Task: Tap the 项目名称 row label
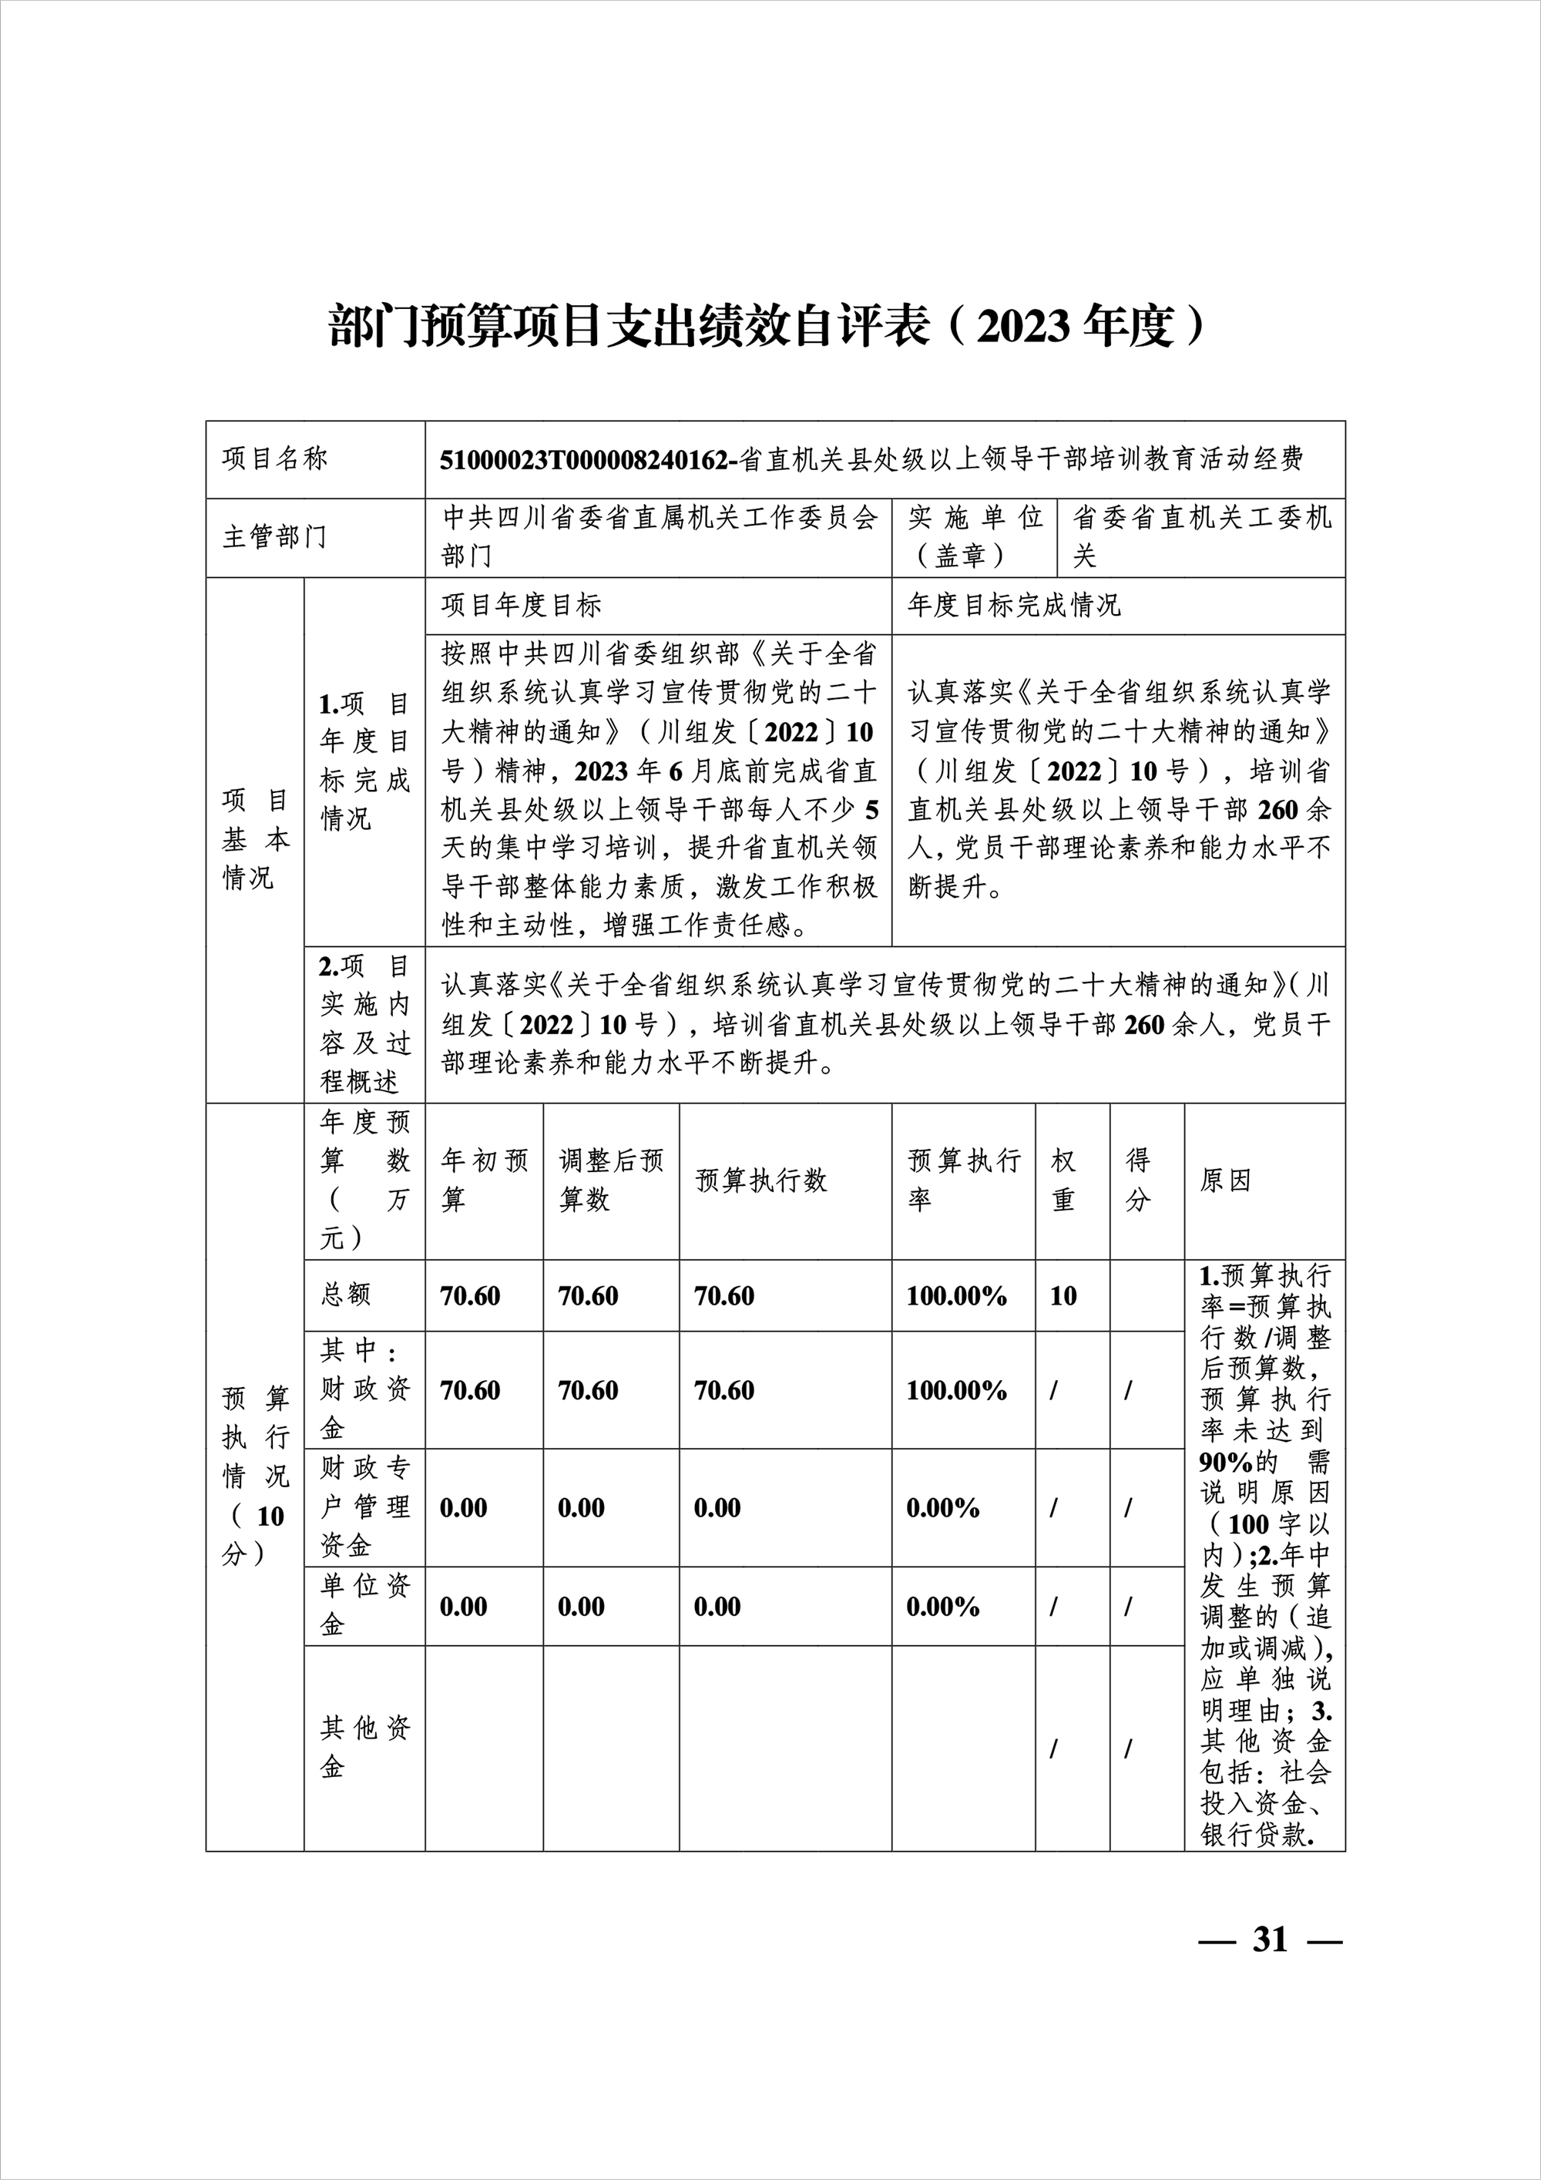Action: [274, 459]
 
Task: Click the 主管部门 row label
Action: [274, 537]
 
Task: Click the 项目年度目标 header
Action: [522, 606]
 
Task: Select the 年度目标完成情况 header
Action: [1014, 606]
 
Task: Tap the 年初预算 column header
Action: [484, 1181]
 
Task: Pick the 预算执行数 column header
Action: [761, 1181]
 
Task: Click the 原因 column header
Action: [1225, 1181]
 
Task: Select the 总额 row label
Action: [346, 1295]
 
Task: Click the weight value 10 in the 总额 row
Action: [1063, 1296]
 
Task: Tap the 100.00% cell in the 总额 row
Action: [956, 1296]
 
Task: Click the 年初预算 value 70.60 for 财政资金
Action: [470, 1390]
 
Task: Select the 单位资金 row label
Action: [364, 1606]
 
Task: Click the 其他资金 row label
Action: [364, 1747]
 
